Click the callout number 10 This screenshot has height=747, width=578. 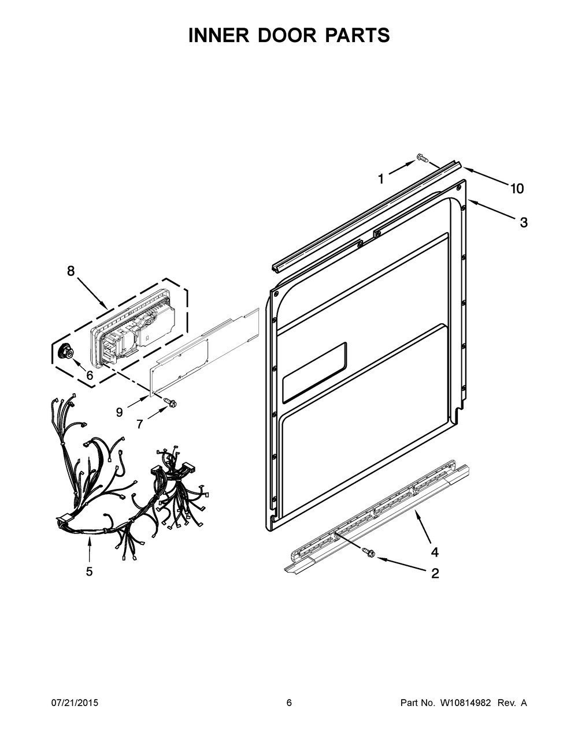pyautogui.click(x=516, y=188)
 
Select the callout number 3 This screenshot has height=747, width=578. pyautogui.click(x=523, y=223)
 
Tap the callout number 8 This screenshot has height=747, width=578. pyautogui.click(x=71, y=271)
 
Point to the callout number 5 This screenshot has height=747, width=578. pyautogui.click(x=89, y=572)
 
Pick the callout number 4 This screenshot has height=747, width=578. pyautogui.click(x=434, y=552)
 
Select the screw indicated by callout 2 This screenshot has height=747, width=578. pyautogui.click(x=367, y=554)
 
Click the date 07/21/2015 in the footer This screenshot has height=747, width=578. pyautogui.click(x=75, y=703)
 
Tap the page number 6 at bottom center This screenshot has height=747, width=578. pyautogui.click(x=289, y=703)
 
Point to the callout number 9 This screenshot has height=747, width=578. pyautogui.click(x=120, y=412)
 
